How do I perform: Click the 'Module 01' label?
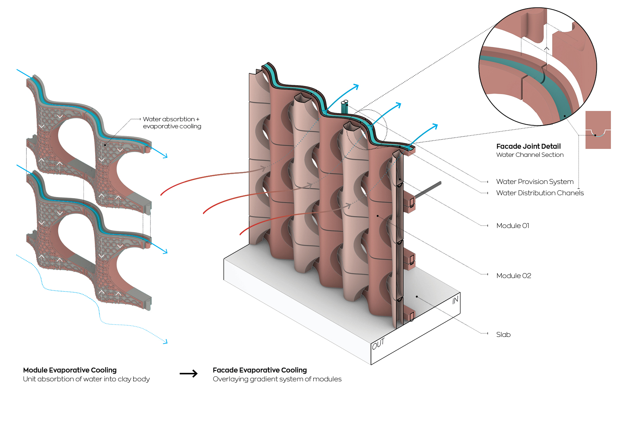512,226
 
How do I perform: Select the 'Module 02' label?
513,276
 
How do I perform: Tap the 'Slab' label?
503,334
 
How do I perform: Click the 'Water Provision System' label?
534,181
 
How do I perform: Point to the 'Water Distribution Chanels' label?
540,193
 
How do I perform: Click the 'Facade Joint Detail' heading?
528,146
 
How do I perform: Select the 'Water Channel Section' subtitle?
530,155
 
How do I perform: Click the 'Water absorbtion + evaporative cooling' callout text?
172,123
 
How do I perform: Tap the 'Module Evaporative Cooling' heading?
70,370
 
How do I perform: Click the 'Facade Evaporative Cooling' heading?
260,370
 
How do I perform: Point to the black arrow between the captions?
189,374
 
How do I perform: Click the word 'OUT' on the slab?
378,344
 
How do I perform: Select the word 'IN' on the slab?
455,300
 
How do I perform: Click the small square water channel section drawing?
598,130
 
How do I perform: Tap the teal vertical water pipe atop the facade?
345,107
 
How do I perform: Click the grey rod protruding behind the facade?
428,189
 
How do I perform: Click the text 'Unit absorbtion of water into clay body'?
86,379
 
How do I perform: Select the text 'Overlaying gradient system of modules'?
277,379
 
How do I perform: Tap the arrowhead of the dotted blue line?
166,341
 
